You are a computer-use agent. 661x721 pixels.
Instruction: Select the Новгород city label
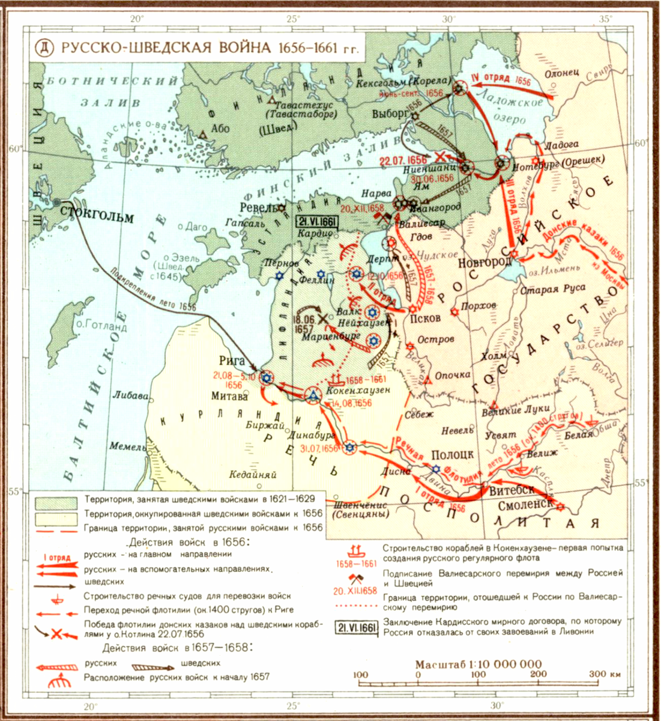click(x=482, y=263)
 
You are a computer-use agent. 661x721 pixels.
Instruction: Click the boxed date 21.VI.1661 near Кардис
click(x=318, y=221)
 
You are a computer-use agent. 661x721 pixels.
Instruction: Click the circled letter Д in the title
click(x=46, y=47)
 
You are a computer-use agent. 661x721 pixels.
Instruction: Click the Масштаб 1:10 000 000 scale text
click(x=478, y=665)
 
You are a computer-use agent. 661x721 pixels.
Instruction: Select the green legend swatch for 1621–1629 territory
click(x=55, y=500)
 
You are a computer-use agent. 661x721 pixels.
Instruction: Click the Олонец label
click(x=561, y=73)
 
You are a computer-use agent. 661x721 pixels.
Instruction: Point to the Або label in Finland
click(x=221, y=129)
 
